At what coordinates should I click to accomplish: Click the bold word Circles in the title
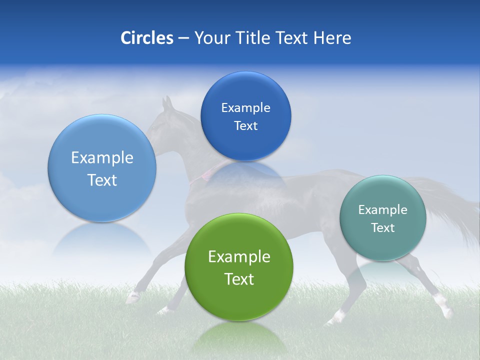[x=146, y=38]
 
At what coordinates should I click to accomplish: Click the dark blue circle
[x=245, y=116]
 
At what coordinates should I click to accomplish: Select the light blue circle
[x=102, y=168]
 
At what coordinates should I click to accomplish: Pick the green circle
[x=239, y=267]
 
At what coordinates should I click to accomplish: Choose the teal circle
[x=382, y=218]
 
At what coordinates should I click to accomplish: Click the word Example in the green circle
[x=239, y=257]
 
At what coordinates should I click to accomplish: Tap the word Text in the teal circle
[x=382, y=228]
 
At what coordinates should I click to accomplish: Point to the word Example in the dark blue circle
[x=245, y=108]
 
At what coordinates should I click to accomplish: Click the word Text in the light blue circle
[x=102, y=180]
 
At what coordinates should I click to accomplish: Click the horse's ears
[x=167, y=103]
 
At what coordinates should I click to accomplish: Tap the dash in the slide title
[x=183, y=38]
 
